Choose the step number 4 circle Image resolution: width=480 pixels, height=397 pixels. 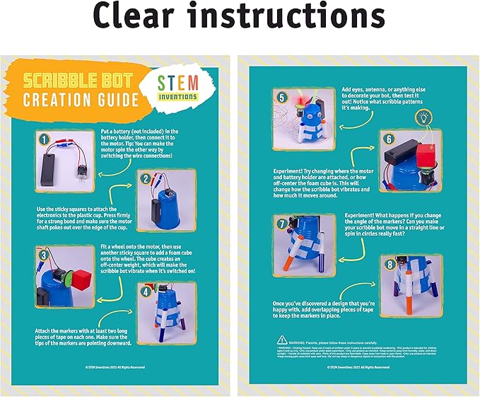(x=146, y=289)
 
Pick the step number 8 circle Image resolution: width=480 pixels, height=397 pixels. (x=387, y=265)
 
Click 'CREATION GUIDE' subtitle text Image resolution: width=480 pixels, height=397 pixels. (x=79, y=98)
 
